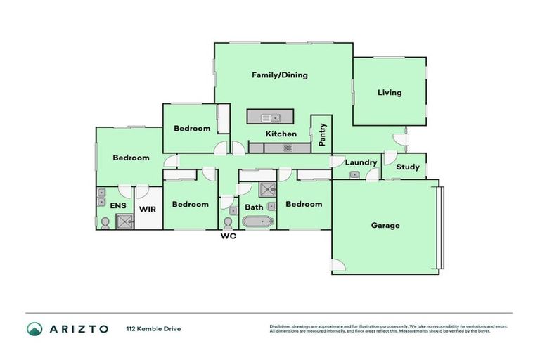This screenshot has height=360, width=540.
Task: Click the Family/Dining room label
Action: point(280,75)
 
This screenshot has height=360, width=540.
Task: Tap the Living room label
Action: point(389,92)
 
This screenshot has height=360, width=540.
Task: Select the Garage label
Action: point(385,226)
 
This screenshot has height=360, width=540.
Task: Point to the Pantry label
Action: point(322,134)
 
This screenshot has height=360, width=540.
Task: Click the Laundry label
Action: point(361,162)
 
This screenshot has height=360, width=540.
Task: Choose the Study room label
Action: point(408,167)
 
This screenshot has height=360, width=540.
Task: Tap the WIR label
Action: point(148,209)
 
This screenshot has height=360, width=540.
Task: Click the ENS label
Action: point(117,205)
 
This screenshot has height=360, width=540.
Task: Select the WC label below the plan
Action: point(228,236)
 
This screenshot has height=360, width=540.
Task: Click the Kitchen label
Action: point(281,134)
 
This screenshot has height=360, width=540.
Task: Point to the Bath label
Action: point(254,207)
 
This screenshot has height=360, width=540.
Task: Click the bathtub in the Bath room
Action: point(257,222)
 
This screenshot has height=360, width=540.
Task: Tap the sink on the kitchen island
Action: point(270,117)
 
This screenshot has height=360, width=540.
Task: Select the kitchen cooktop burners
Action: point(288,148)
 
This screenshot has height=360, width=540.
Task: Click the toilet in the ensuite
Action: point(105,222)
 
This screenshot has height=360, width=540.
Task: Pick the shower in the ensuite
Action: point(124,221)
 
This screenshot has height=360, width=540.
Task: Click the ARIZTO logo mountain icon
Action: point(34,328)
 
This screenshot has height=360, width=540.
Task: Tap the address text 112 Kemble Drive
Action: point(153,328)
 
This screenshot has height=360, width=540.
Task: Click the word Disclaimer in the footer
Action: point(280,326)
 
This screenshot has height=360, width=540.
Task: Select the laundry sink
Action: point(354,174)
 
